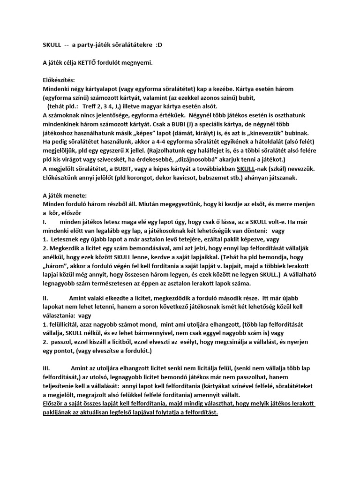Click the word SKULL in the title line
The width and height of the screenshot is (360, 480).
tap(52, 45)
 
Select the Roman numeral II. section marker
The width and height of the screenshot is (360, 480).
tap(46, 298)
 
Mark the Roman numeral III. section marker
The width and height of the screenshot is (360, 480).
tap(47, 369)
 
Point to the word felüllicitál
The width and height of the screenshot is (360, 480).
tap(64, 324)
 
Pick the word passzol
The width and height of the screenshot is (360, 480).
tap(62, 342)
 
